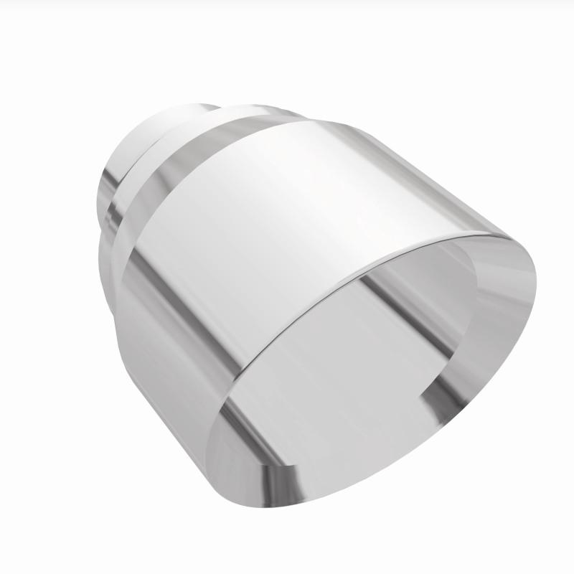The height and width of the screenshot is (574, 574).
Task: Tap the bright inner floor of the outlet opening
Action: (337, 387)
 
